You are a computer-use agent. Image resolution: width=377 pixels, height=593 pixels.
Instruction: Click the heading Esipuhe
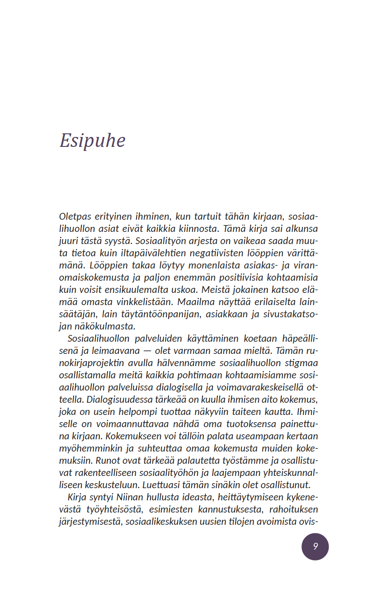click(x=92, y=141)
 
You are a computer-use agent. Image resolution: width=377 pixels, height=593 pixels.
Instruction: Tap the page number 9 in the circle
click(x=315, y=546)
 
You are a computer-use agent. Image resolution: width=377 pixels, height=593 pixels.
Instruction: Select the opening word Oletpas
click(x=75, y=216)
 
